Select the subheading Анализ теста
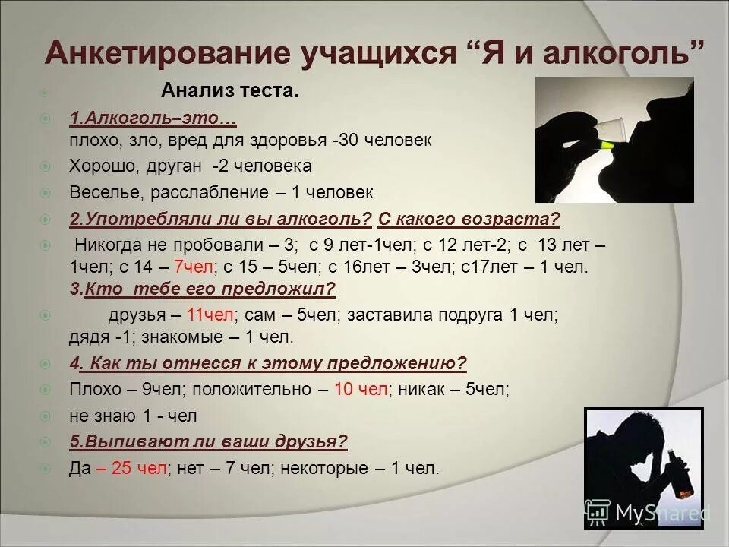coord(230,92)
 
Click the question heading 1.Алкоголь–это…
coord(153,119)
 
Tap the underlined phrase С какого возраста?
coord(469,220)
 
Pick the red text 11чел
coord(210,315)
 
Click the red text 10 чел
coord(361,389)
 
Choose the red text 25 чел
coord(138,468)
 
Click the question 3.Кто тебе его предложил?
coord(202,289)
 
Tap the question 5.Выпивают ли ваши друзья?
coord(208,441)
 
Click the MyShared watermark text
coord(661,514)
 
